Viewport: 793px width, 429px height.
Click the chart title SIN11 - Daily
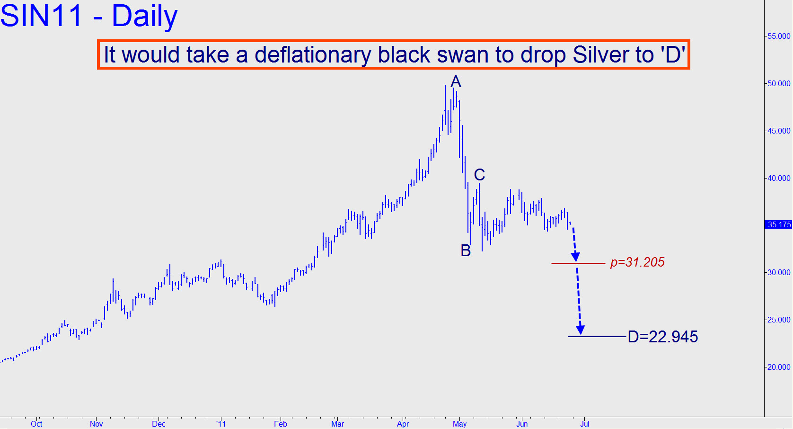[x=89, y=16]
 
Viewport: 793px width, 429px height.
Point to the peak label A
[x=456, y=82]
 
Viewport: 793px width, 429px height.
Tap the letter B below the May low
[x=466, y=250]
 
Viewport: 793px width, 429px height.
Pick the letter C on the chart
[x=479, y=175]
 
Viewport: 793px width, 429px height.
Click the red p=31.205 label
[x=637, y=262]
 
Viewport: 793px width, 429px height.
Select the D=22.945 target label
[x=662, y=337]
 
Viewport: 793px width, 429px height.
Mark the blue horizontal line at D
[x=597, y=336]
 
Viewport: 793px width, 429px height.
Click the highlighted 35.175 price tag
[x=779, y=224]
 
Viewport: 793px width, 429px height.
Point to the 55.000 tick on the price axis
[x=779, y=36]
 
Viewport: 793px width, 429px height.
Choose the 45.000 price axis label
[x=779, y=131]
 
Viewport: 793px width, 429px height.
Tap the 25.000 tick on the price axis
[x=779, y=320]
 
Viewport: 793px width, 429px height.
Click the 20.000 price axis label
[x=779, y=367]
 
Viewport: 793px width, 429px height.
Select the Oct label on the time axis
[x=36, y=424]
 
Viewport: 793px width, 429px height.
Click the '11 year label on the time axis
[x=221, y=424]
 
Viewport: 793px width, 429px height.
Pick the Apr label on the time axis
[x=403, y=424]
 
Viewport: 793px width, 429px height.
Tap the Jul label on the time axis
[x=585, y=424]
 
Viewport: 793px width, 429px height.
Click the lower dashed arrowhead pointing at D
[x=580, y=330]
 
